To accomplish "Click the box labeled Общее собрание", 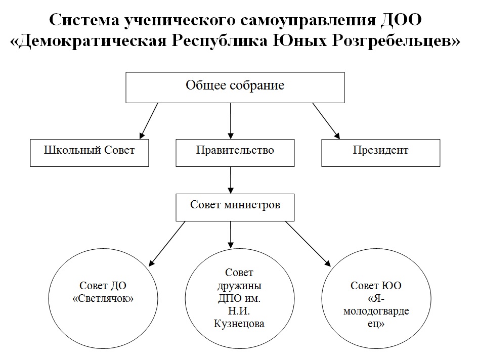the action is pos(235,87).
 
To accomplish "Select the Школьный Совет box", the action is pos(90,153).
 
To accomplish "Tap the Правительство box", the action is pos(235,153).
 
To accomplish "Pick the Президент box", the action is pos(381,153).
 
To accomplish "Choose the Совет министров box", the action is pos(235,207).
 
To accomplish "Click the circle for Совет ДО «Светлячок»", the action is pos(103,298).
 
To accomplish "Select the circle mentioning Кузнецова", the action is pos(240,298).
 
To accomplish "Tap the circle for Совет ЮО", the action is pos(376,298).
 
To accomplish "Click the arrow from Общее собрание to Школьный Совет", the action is pos(149,121).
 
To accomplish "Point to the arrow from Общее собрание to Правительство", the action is pos(231,121).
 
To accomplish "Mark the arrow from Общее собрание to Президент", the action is pos(326,121).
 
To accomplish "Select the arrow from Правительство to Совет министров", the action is pos(231,180).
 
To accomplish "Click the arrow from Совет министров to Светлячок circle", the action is pos(167,244).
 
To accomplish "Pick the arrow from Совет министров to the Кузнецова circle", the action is pos(231,235).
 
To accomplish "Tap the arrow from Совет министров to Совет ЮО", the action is pos(308,244).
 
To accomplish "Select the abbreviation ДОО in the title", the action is pos(401,20).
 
